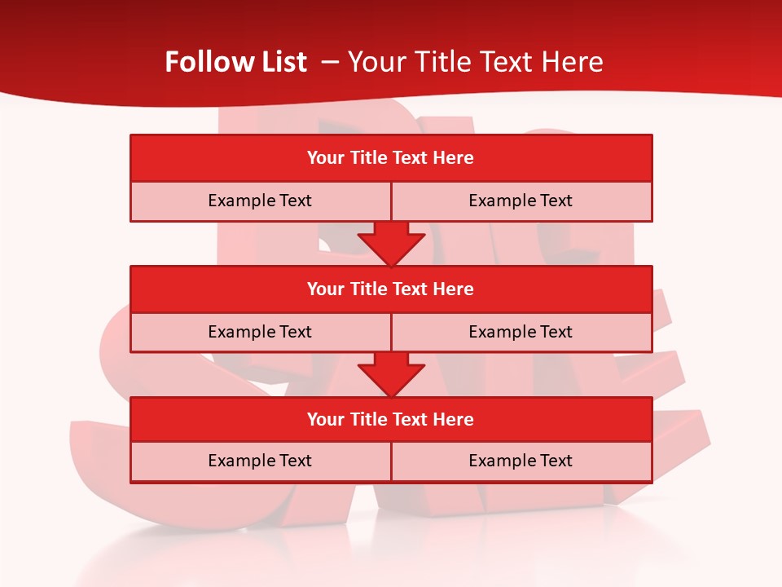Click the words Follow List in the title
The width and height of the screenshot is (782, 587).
235,62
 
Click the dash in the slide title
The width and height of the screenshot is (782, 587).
331,62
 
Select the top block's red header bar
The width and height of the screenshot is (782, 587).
391,158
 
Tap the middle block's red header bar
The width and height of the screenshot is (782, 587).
391,289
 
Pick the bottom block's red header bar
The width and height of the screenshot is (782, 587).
391,420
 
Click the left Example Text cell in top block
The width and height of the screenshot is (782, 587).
260,201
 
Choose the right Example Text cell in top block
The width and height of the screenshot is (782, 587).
521,201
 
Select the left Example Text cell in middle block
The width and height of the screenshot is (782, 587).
260,332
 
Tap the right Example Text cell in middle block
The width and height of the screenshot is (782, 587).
521,332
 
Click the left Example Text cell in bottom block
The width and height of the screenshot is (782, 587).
260,461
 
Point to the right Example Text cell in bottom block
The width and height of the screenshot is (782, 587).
521,461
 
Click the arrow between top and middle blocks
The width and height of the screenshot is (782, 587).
391,244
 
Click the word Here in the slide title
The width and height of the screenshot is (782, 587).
572,62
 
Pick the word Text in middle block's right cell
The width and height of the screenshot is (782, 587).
556,332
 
